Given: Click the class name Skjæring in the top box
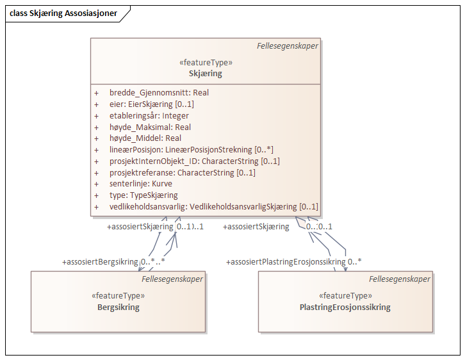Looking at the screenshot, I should pyautogui.click(x=205, y=74).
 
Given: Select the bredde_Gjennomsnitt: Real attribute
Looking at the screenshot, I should pyautogui.click(x=159, y=93).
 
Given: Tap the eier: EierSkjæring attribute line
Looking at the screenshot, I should pyautogui.click(x=151, y=104).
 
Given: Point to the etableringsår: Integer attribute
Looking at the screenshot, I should pyautogui.click(x=149, y=116).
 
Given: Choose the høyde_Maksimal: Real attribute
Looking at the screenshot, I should pyautogui.click(x=150, y=127).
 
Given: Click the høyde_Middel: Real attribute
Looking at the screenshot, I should pyautogui.click(x=145, y=138).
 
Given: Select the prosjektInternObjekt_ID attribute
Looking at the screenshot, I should pyautogui.click(x=194, y=161).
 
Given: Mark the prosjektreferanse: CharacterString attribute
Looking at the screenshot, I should pyautogui.click(x=183, y=172).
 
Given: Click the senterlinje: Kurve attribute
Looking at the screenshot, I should pyautogui.click(x=141, y=184).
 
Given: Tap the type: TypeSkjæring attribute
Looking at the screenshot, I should pyautogui.click(x=143, y=195).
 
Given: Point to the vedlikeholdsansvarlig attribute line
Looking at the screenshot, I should pyautogui.click(x=213, y=207).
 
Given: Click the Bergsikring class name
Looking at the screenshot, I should pyautogui.click(x=118, y=307).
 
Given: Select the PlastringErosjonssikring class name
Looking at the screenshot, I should pyautogui.click(x=345, y=307).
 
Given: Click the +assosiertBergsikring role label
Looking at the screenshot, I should pyautogui.click(x=100, y=262).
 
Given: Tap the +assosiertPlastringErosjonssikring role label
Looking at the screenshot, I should pyautogui.click(x=286, y=262).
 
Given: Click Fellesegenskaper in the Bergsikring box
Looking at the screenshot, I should pyautogui.click(x=172, y=279).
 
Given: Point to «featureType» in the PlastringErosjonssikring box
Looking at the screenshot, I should pyautogui.click(x=345, y=296).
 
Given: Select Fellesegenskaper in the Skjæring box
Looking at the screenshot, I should pyautogui.click(x=288, y=46).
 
